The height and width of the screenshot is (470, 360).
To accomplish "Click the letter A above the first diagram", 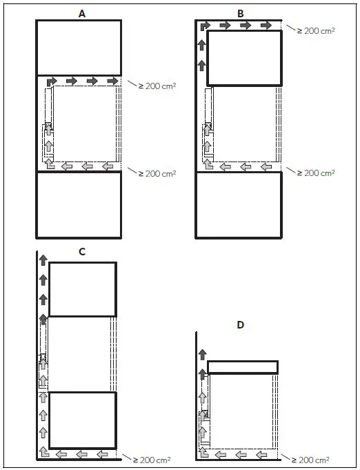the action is tap(82, 14).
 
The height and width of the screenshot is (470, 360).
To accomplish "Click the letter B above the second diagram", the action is tap(241, 14).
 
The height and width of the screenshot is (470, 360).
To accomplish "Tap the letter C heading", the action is tap(82, 251).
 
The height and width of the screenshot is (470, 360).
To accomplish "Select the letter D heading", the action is tap(241, 325).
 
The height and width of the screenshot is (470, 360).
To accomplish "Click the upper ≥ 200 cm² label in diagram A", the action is tap(157, 86).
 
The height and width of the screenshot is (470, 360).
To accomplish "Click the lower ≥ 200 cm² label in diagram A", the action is tap(157, 173).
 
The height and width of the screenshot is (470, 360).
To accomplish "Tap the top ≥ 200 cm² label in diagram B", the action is tap(316, 30).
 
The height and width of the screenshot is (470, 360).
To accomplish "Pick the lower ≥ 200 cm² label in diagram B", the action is tap(316, 173).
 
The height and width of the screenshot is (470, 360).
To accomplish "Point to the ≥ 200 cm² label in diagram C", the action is tap(152, 460).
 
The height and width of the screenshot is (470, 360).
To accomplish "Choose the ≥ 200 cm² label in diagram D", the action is tap(310, 460).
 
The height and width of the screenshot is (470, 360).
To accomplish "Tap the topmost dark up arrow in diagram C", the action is tap(43, 260).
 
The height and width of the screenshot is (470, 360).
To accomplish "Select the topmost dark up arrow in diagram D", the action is tap(203, 354).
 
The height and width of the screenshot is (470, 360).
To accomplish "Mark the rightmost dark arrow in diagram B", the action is tap(266, 26).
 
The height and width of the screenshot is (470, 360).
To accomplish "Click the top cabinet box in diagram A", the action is tap(79, 48).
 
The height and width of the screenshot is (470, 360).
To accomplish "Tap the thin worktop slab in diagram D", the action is tap(243, 367).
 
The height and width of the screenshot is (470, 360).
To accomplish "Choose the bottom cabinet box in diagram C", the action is tap(83, 420).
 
